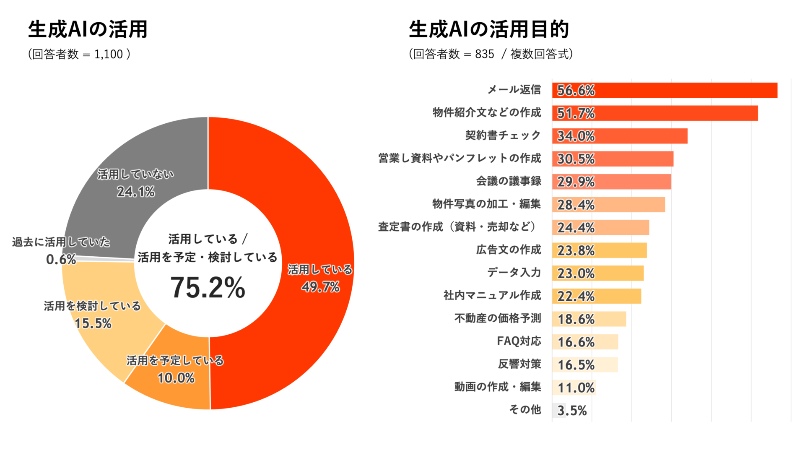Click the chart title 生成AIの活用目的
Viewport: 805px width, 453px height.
[x=489, y=29]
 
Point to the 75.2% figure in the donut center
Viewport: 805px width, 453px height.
[x=208, y=288]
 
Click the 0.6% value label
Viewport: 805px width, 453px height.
[x=61, y=260]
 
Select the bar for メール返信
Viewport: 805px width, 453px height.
[x=665, y=90]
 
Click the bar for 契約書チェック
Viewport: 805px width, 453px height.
[x=620, y=136]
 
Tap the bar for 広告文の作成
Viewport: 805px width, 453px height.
[x=600, y=250]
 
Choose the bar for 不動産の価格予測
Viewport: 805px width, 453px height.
[x=589, y=319]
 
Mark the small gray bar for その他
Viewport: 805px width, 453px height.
[x=559, y=410]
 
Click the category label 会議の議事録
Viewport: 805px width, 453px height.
[x=509, y=181]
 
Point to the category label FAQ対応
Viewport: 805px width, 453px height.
[x=519, y=341]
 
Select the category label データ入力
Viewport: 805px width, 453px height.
[x=514, y=273]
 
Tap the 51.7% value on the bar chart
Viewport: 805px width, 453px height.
[x=576, y=113]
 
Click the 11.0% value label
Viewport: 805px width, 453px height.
[x=576, y=388]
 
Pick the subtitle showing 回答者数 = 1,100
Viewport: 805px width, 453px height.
[x=79, y=54]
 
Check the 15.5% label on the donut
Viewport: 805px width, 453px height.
[x=93, y=323]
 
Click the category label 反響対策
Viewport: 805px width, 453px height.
[x=519, y=364]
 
